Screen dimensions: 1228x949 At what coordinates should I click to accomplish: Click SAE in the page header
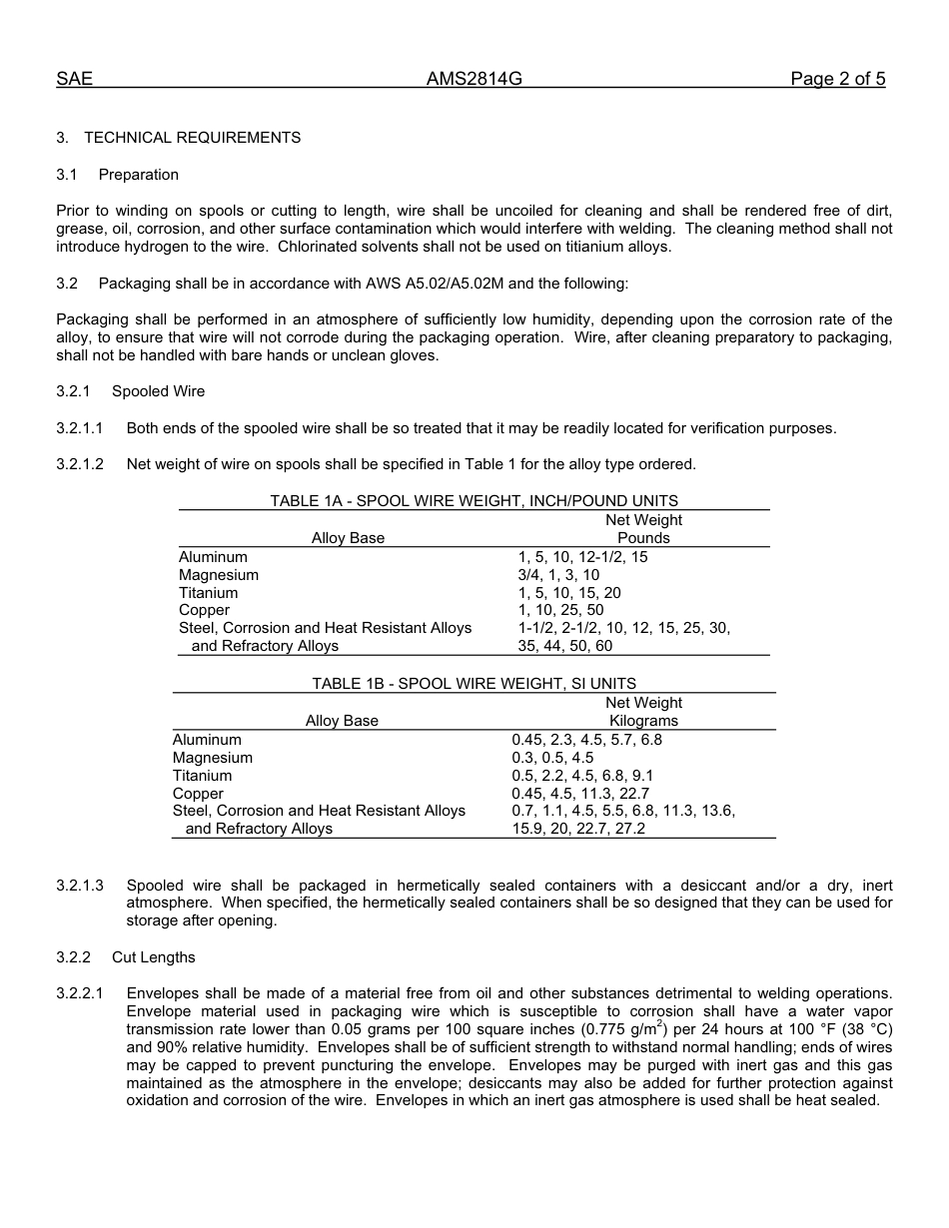click(74, 80)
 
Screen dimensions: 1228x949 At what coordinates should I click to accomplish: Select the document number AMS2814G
click(474, 80)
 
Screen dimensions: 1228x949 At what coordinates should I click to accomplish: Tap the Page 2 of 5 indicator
click(837, 80)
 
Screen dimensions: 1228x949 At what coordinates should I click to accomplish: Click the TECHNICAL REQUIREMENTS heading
click(192, 138)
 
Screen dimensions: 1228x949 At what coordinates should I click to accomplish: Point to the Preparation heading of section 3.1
click(138, 175)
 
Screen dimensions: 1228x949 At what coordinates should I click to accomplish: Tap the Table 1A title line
click(474, 501)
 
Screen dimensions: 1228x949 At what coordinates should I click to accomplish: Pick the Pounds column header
click(643, 538)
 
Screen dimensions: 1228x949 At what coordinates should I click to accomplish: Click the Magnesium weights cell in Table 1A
click(558, 575)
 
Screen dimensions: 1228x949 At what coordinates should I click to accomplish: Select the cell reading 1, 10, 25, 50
click(560, 610)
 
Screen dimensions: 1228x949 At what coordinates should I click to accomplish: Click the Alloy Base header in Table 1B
click(342, 721)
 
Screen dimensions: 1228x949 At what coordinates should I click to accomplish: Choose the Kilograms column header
click(643, 721)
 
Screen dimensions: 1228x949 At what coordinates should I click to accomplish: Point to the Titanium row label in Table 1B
click(202, 776)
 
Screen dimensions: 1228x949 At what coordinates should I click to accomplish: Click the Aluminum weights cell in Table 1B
click(586, 740)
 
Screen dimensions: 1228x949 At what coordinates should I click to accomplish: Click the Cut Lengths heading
click(153, 957)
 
